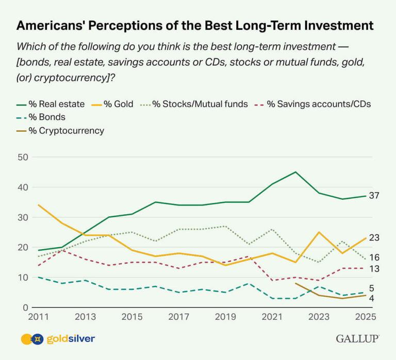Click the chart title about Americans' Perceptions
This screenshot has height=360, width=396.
pos(195,25)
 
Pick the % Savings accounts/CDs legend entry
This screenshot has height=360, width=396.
pos(314,104)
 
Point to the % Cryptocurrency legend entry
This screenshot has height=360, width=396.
pos(60,130)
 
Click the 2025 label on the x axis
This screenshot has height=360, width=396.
pos(367,316)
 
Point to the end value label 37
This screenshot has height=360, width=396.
pos(374,196)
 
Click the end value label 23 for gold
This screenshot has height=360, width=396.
pos(374,238)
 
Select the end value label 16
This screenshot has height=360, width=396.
pos(374,258)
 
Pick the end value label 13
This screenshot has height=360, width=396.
pos(374,268)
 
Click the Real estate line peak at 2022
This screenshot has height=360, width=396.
pos(295,172)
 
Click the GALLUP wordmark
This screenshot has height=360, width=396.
pos(357,339)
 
